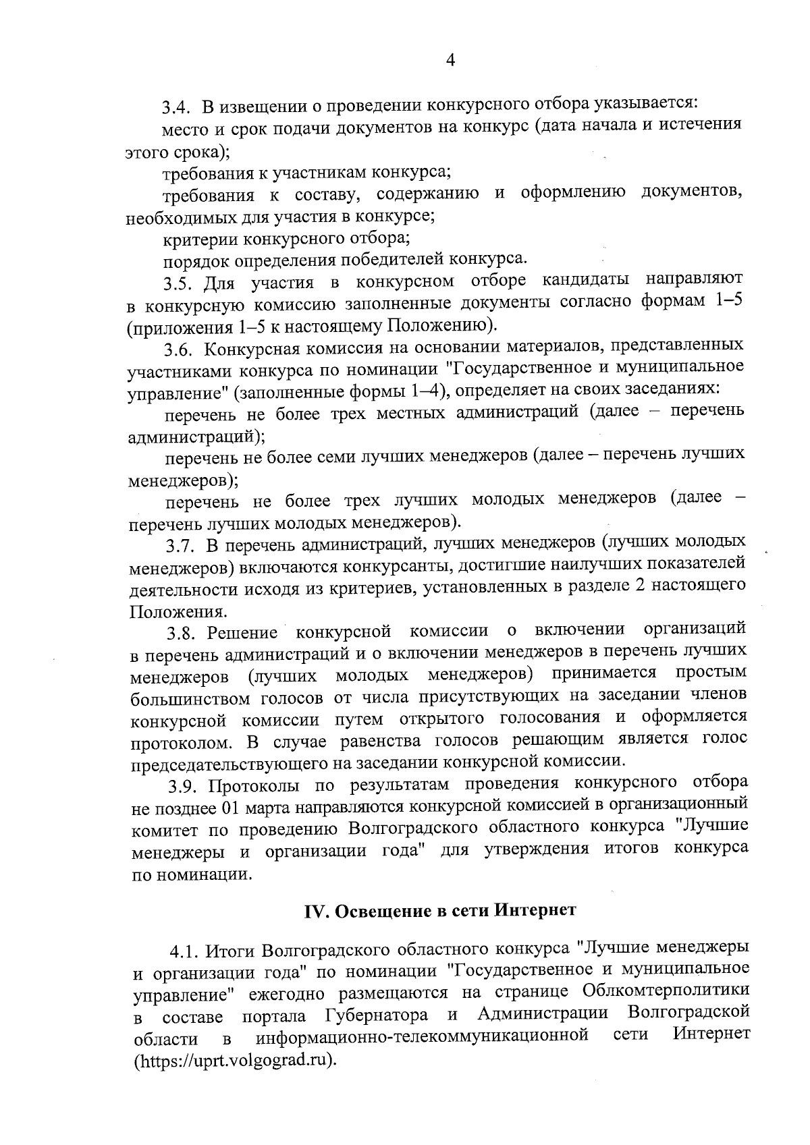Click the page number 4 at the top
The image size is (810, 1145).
[451, 61]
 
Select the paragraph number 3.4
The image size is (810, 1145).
[178, 107]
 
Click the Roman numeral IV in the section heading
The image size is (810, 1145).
[315, 910]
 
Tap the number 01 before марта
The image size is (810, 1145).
[230, 808]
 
